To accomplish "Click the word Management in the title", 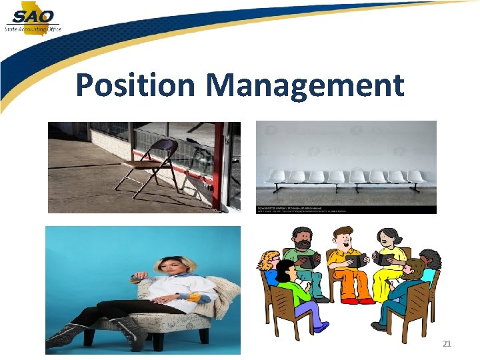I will click(x=305, y=85).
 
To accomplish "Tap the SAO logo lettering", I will click(x=33, y=15).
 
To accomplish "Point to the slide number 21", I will click(x=447, y=343).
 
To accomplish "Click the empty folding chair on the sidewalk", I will click(x=150, y=167).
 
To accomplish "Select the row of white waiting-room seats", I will click(x=346, y=177).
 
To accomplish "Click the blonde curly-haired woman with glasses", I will click(x=271, y=267).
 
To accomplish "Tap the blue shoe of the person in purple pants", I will click(x=319, y=327).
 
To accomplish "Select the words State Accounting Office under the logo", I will click(x=32, y=29).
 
